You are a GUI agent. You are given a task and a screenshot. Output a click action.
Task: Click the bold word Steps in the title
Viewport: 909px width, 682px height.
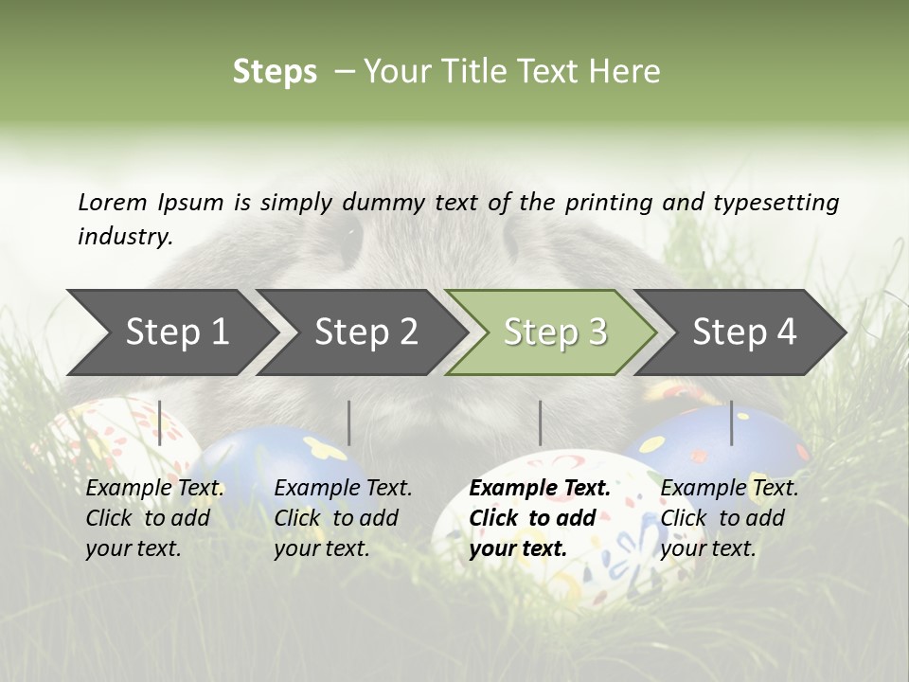click(275, 72)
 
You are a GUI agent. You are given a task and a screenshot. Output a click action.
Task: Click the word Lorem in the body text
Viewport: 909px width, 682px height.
click(113, 202)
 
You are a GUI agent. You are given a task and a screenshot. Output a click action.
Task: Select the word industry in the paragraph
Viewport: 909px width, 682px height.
click(124, 236)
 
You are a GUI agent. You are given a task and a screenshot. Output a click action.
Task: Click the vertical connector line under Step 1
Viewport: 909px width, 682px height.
click(160, 422)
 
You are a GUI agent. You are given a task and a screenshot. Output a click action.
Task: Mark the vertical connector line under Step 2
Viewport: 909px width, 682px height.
click(349, 422)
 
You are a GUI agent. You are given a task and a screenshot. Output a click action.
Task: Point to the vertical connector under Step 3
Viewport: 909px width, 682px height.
click(540, 422)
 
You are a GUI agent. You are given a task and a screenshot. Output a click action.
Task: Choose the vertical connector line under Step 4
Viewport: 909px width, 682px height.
click(731, 422)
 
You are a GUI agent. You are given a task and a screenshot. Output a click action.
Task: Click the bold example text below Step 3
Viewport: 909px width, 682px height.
click(539, 518)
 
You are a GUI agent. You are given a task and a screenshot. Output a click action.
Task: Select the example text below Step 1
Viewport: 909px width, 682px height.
click(154, 518)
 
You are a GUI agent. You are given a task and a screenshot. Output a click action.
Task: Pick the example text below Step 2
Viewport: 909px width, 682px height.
click(343, 518)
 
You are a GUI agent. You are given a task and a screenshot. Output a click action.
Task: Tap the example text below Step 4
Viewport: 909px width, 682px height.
click(729, 518)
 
